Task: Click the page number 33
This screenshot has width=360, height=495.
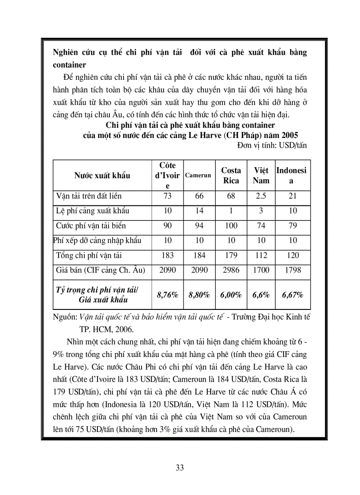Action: coord(180,468)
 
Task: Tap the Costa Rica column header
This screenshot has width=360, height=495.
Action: coord(231,175)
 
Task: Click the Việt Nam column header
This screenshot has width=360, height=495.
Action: coord(261,175)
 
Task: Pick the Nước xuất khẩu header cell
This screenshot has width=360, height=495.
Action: coord(102,175)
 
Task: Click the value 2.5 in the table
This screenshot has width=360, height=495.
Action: coord(261,196)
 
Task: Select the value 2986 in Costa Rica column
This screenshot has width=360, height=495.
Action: coord(231,270)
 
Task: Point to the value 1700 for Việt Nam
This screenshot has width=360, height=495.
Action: coord(261,270)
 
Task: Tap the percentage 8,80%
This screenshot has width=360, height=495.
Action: coord(199,295)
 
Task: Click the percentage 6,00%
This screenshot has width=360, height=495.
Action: coord(231,295)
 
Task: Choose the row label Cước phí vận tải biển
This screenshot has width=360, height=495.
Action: coord(91,226)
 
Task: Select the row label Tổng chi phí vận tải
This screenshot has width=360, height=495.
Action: coord(89,255)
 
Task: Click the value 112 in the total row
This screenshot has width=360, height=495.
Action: coord(261,255)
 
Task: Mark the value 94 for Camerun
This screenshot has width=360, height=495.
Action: coord(199,226)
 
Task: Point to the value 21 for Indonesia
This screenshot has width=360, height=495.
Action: coord(292,196)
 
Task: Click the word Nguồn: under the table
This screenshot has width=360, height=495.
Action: coord(64,317)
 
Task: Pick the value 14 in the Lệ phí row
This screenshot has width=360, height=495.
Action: coord(199,211)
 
